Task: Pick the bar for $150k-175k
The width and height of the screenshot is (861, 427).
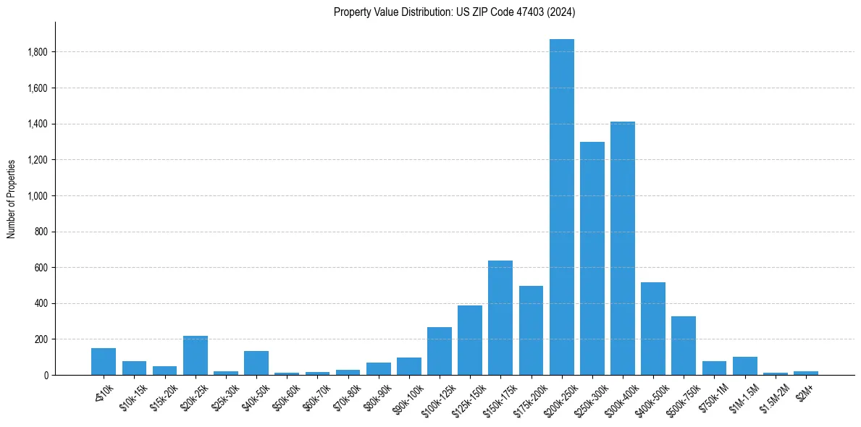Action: pyautogui.click(x=500, y=318)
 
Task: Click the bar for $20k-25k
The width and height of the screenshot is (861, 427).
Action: pyautogui.click(x=196, y=355)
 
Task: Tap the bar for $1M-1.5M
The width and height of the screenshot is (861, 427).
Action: pyautogui.click(x=744, y=366)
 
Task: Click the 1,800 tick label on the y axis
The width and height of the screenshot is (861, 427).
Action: pyautogui.click(x=38, y=52)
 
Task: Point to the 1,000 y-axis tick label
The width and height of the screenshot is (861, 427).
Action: pyautogui.click(x=38, y=196)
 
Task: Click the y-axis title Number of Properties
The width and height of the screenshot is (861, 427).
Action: pyautogui.click(x=11, y=198)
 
